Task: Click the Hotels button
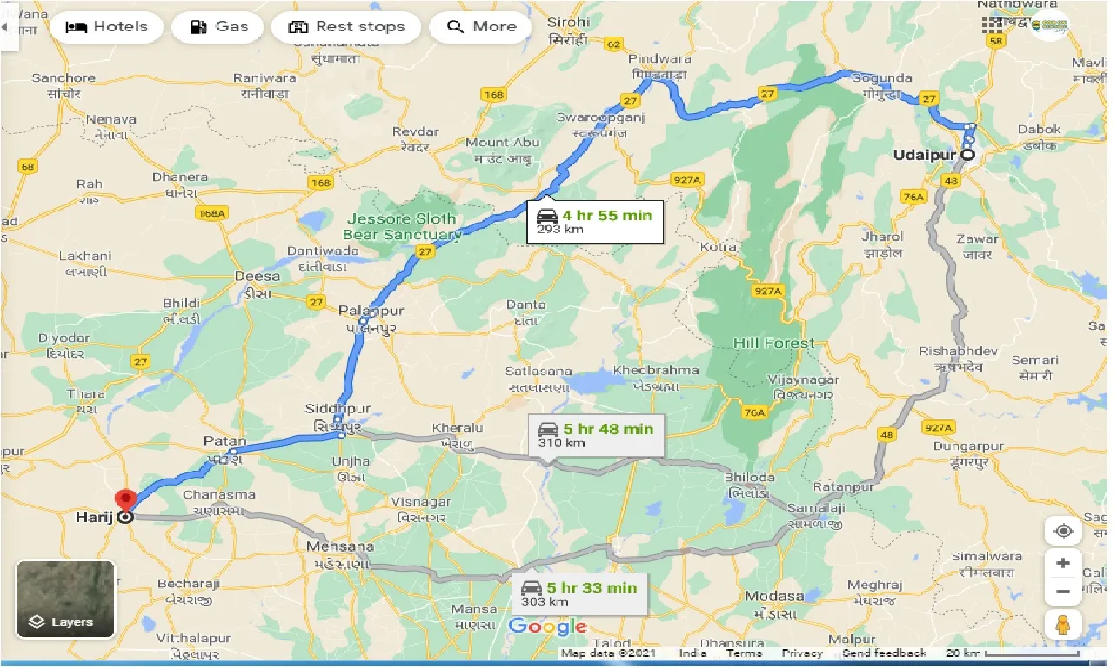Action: click(106, 27)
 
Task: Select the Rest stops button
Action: click(346, 27)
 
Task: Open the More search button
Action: click(482, 27)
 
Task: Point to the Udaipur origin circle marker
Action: click(967, 155)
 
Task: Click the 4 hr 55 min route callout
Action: click(594, 221)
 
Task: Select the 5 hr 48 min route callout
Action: click(596, 434)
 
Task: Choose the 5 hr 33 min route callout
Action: click(579, 593)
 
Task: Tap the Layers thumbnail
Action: click(65, 599)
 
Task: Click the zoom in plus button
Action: click(1062, 563)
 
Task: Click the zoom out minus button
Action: click(1062, 592)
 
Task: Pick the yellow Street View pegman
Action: click(1062, 625)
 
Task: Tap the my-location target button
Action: click(1062, 531)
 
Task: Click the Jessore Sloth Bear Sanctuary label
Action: click(402, 226)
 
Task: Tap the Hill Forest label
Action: click(773, 343)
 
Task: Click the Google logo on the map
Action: click(547, 626)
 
